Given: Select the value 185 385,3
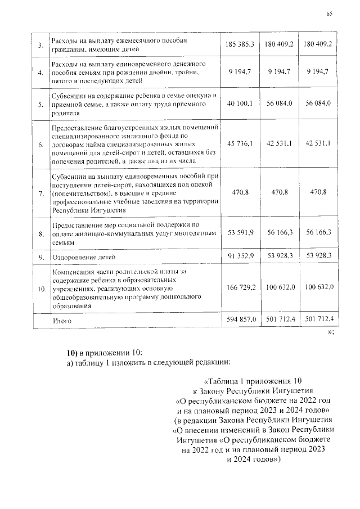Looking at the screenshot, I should [x=240, y=44].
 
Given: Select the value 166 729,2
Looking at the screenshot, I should [x=240, y=287].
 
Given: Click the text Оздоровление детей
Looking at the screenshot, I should [x=84, y=257].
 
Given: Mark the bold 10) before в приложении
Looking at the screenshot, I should [x=72, y=353].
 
